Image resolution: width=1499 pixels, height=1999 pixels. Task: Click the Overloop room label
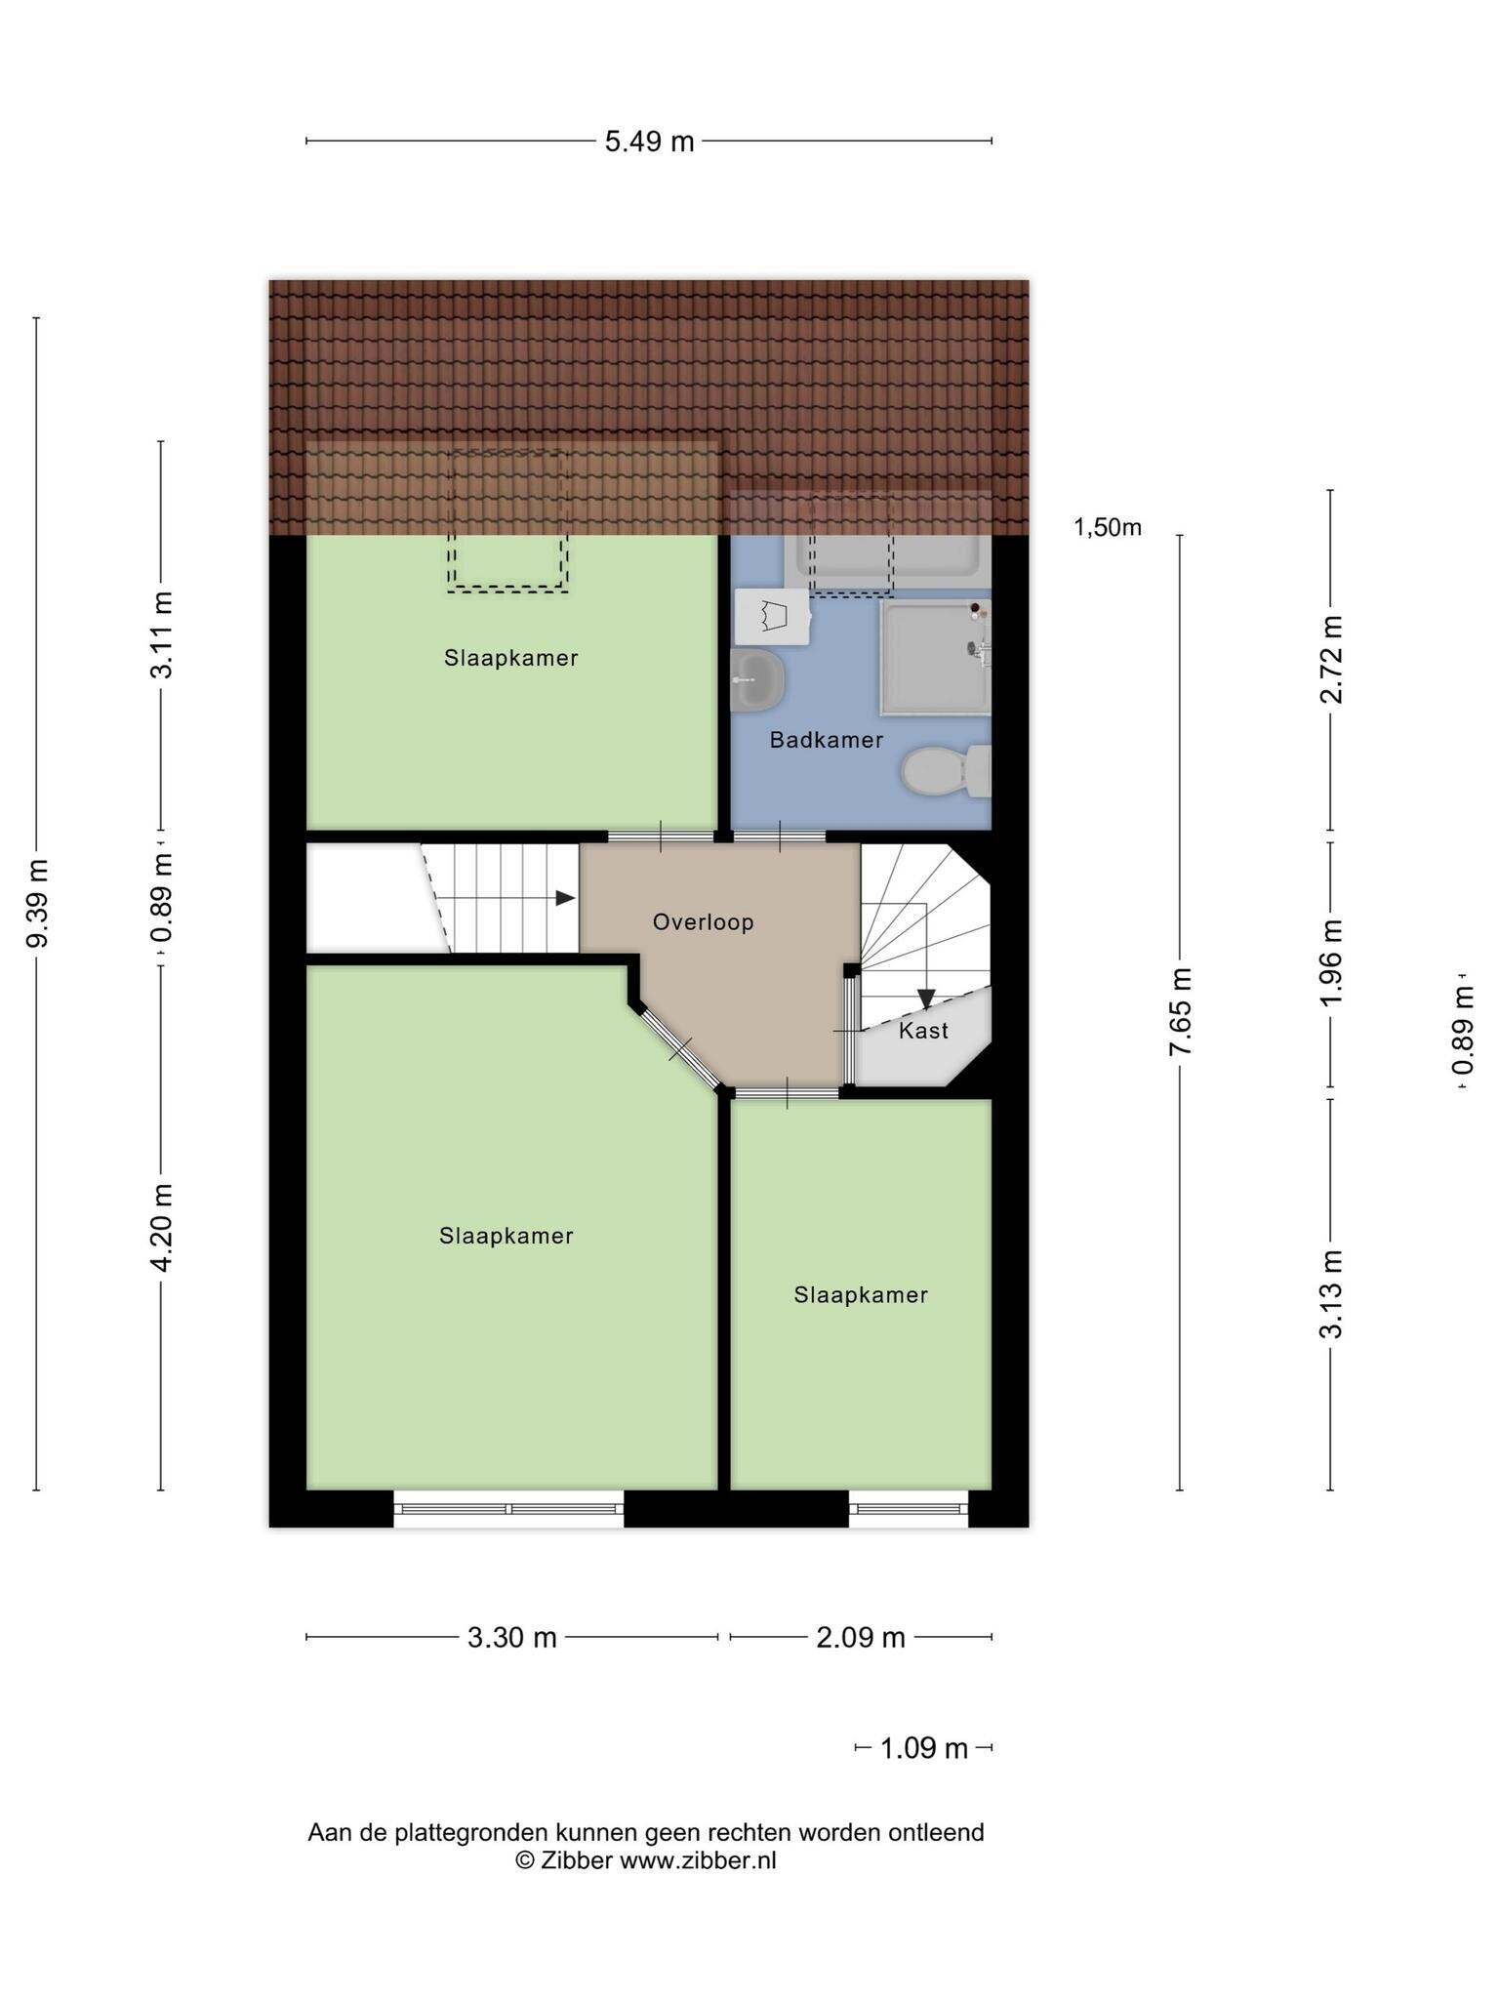(703, 922)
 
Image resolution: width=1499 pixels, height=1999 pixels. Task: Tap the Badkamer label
(826, 740)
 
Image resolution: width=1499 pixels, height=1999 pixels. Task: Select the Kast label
(923, 1031)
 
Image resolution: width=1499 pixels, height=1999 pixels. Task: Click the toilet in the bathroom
(946, 771)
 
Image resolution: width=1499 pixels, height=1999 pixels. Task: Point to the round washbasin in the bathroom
(758, 680)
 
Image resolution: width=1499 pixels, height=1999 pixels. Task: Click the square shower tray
(935, 657)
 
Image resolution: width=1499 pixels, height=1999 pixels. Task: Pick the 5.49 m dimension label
(649, 143)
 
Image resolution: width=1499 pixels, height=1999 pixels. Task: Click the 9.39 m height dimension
(38, 903)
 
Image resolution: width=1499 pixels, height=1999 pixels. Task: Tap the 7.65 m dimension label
(1180, 1011)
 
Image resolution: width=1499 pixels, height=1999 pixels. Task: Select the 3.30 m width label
(511, 1638)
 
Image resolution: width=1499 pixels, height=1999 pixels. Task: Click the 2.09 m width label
(861, 1638)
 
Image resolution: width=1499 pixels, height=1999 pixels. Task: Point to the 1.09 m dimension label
(923, 1748)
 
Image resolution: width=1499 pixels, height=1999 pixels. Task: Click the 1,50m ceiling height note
(1108, 528)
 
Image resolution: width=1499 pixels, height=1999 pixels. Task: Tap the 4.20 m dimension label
(162, 1227)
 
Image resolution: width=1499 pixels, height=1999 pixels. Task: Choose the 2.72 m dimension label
(1331, 659)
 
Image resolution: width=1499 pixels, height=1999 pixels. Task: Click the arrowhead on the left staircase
(565, 898)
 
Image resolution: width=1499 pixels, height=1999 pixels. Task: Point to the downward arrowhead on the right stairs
(926, 999)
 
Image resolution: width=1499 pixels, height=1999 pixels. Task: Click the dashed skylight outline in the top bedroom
(507, 590)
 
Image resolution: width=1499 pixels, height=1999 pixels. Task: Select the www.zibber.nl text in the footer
(699, 1860)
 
